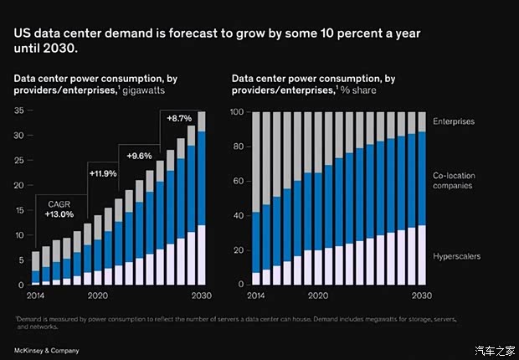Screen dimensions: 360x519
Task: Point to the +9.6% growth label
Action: [x=139, y=156]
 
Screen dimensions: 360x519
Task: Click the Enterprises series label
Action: [x=454, y=121]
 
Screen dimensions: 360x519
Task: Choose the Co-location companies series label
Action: [x=453, y=180]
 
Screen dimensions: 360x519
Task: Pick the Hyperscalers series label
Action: [x=456, y=256]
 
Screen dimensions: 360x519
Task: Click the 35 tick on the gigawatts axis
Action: [x=18, y=111]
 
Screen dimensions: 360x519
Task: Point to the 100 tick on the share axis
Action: [x=236, y=111]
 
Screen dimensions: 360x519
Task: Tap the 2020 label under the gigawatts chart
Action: [x=97, y=296]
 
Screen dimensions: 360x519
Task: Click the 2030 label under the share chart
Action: [x=419, y=296]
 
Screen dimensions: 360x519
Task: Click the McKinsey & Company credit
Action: [x=46, y=347]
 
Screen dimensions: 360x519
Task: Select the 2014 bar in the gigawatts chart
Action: [x=36, y=269]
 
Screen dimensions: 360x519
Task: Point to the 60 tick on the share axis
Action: [x=238, y=181]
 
